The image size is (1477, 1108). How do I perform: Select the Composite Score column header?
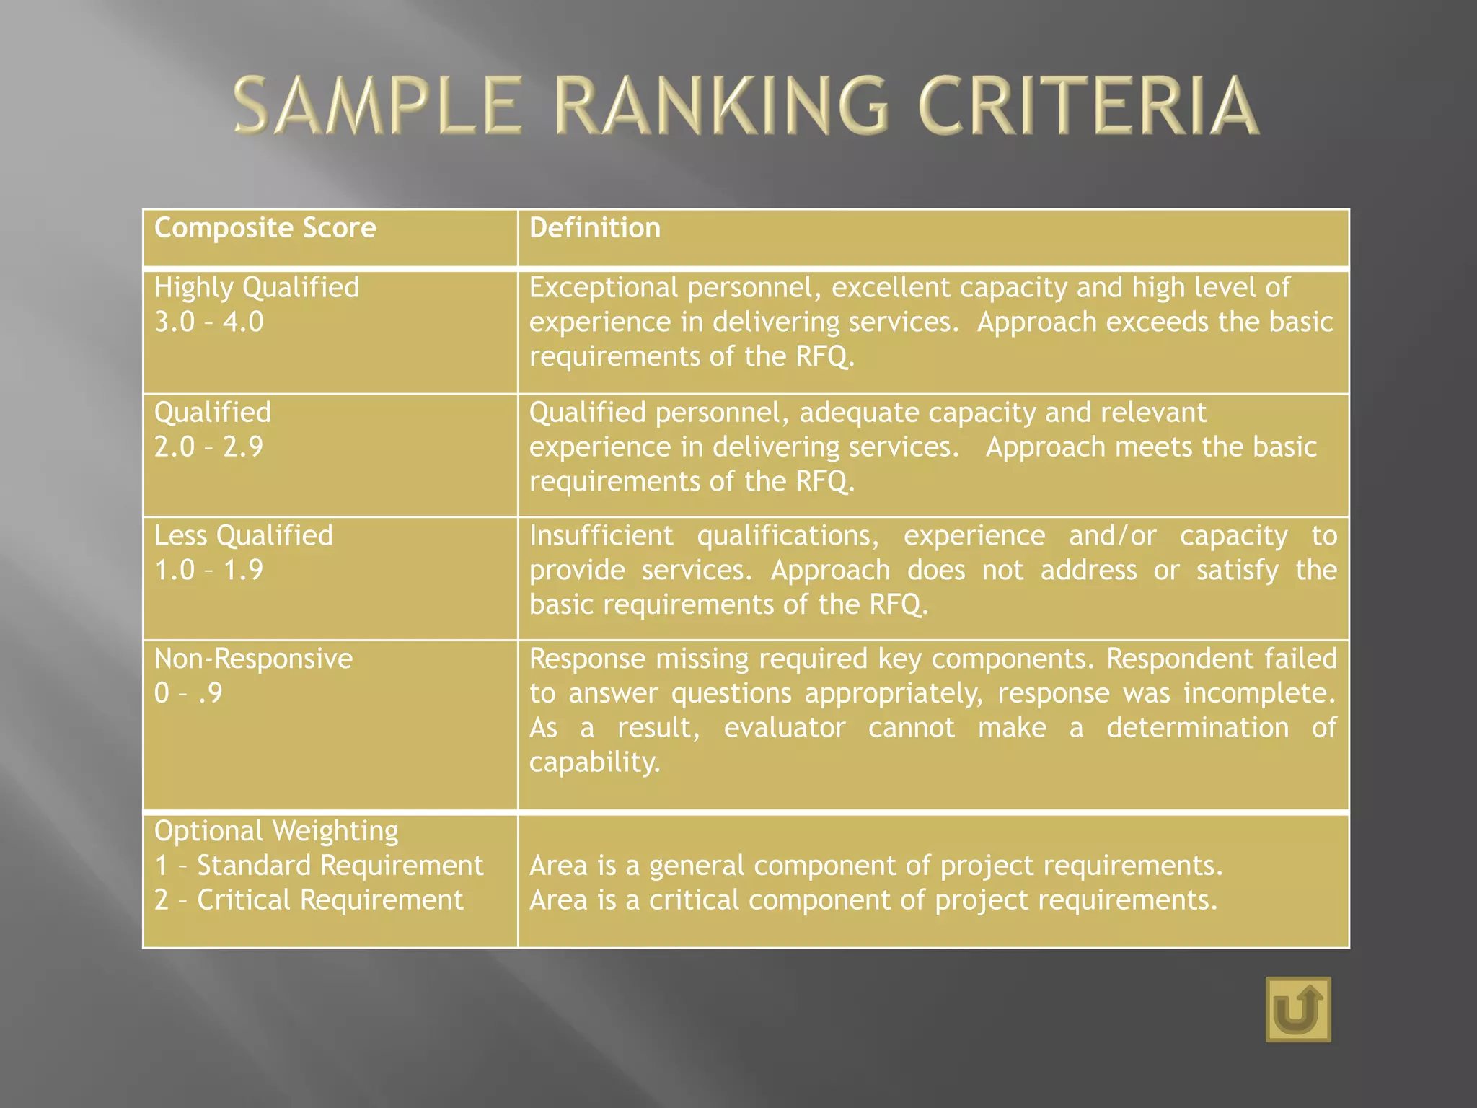click(x=265, y=228)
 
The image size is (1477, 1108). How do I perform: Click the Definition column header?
click(x=595, y=228)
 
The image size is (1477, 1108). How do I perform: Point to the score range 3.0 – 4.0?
click(x=209, y=322)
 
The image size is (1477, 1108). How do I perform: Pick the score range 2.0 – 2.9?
click(x=209, y=447)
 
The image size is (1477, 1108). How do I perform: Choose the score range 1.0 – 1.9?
click(x=209, y=571)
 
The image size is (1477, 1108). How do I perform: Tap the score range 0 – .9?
click(x=188, y=693)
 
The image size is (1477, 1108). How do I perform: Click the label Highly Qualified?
click(x=257, y=288)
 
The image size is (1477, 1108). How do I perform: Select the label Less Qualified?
click(x=244, y=536)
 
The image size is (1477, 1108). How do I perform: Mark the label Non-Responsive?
click(x=253, y=659)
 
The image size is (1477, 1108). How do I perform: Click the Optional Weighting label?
click(x=276, y=831)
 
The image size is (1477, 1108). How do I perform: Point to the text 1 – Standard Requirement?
click(x=319, y=866)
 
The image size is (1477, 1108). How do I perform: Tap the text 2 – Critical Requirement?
click(x=309, y=900)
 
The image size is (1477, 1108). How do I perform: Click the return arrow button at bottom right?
click(x=1298, y=1009)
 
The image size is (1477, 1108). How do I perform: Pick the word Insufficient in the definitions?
click(x=601, y=536)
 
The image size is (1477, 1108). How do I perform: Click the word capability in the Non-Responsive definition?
click(x=594, y=762)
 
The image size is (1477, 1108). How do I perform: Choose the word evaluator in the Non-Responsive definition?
click(x=785, y=728)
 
